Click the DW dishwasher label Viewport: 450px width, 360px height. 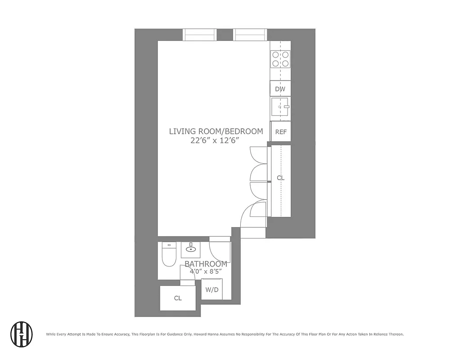(280, 89)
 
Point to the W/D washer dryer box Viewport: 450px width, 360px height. (212, 289)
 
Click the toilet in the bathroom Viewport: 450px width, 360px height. (168, 256)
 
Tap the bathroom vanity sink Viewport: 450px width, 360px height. (192, 249)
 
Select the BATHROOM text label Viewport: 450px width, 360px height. (206, 264)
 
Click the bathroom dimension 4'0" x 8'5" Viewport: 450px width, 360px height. (206, 271)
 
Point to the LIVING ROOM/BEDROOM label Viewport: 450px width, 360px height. (216, 131)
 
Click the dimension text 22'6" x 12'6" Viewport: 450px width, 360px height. (214, 140)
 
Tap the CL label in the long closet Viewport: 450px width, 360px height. (280, 178)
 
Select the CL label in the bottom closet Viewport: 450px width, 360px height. (178, 298)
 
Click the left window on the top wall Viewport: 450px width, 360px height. (200, 35)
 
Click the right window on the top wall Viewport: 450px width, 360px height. (250, 35)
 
